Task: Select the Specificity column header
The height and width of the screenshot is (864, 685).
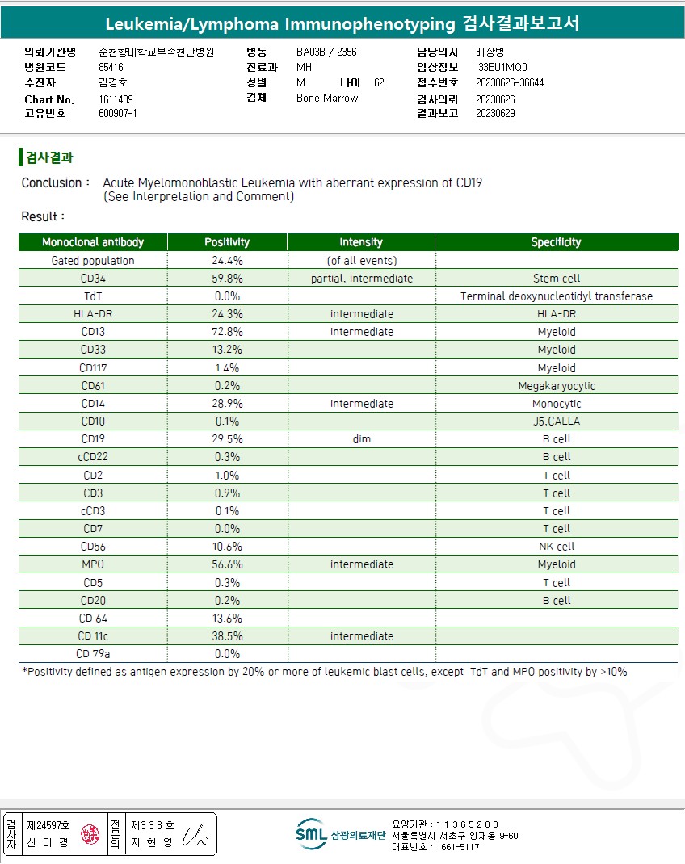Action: tap(556, 242)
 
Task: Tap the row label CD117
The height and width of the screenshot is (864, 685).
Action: tap(93, 368)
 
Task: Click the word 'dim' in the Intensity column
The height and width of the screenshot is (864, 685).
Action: tap(361, 439)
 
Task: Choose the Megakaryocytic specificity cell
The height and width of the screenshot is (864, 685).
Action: tap(556, 386)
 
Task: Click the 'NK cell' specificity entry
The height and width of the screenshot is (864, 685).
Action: tap(556, 547)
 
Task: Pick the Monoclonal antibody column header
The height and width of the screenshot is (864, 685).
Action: tap(93, 242)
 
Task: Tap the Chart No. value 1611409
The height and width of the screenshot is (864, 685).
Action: tap(116, 99)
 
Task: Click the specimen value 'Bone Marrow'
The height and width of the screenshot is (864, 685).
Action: tap(327, 99)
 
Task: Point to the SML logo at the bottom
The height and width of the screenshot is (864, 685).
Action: tap(311, 834)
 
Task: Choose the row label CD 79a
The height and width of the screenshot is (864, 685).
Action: tap(93, 654)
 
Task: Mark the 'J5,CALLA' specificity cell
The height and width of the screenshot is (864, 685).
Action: tap(556, 422)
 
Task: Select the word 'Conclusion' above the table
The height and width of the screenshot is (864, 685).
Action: tap(50, 182)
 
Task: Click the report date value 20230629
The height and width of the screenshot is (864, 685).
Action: tap(495, 113)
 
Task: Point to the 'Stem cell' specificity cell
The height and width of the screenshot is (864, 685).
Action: tap(556, 279)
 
